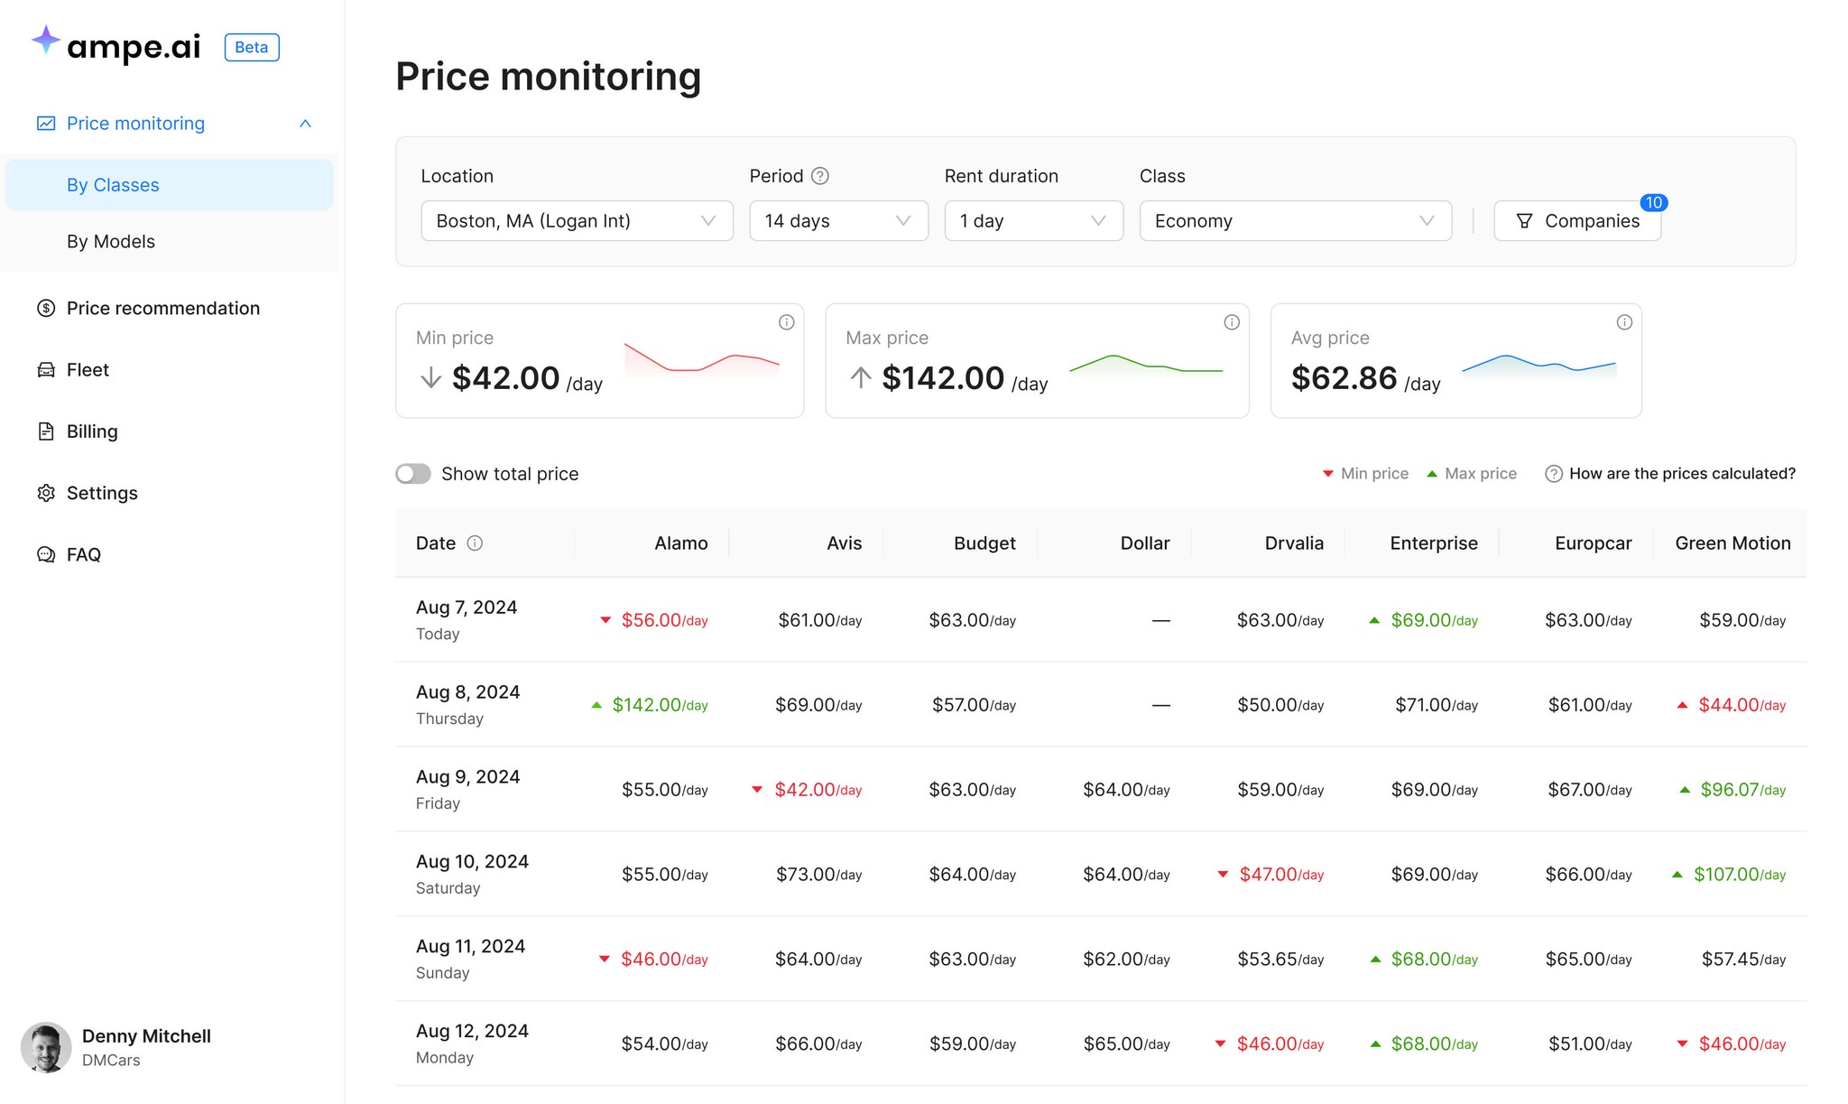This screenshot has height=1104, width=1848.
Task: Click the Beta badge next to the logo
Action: [252, 47]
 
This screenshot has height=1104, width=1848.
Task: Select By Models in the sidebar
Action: [111, 242]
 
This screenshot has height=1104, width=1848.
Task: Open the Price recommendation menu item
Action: [163, 309]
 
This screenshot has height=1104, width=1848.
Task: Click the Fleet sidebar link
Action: [88, 370]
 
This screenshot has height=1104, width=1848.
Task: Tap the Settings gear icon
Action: [46, 493]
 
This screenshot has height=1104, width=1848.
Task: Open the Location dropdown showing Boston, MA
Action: [577, 221]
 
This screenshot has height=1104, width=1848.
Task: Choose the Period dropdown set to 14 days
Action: [838, 221]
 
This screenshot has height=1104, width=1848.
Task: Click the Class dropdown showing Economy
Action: [1295, 221]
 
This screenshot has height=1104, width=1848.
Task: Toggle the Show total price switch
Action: [413, 474]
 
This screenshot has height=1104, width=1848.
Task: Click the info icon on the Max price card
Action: [1232, 322]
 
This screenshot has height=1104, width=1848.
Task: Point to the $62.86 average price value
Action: [1344, 378]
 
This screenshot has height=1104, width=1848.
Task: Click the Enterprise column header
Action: [1433, 543]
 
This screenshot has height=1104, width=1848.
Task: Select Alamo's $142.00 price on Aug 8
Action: [660, 705]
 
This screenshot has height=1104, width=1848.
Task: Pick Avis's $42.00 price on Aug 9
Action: [818, 790]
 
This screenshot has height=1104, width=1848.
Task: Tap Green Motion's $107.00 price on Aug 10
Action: [1740, 875]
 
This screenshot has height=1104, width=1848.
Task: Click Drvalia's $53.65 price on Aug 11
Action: [1280, 960]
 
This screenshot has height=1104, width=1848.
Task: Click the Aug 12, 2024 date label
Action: [472, 1031]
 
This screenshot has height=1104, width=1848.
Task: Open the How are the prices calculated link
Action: [1682, 474]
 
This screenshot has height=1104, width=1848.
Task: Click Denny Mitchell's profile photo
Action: [46, 1047]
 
